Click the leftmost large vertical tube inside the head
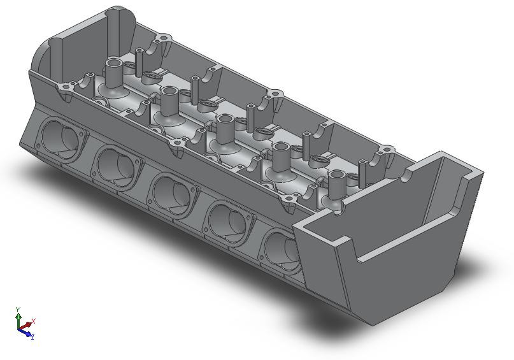coord(114,73)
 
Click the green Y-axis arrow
coord(18,317)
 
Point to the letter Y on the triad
coord(18,309)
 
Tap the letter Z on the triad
coord(32,336)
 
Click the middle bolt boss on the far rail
coord(275,94)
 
